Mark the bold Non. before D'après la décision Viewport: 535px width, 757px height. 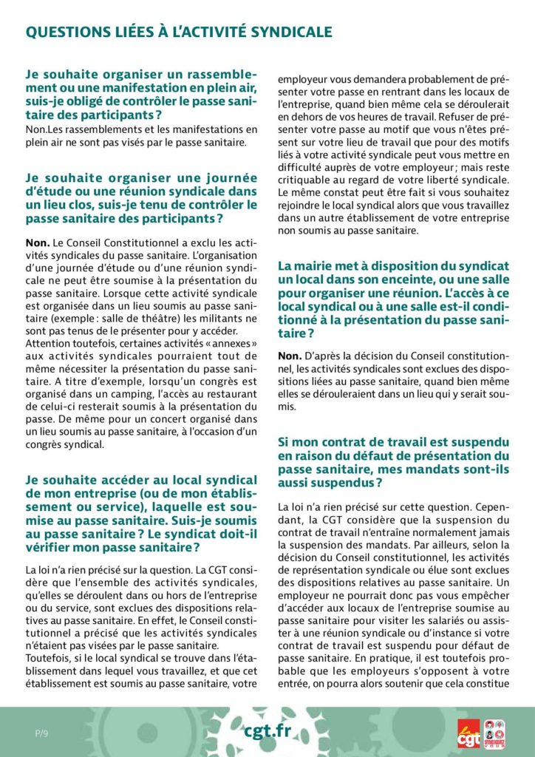290,356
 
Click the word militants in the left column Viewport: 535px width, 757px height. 208,319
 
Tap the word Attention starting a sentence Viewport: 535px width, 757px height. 47,344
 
